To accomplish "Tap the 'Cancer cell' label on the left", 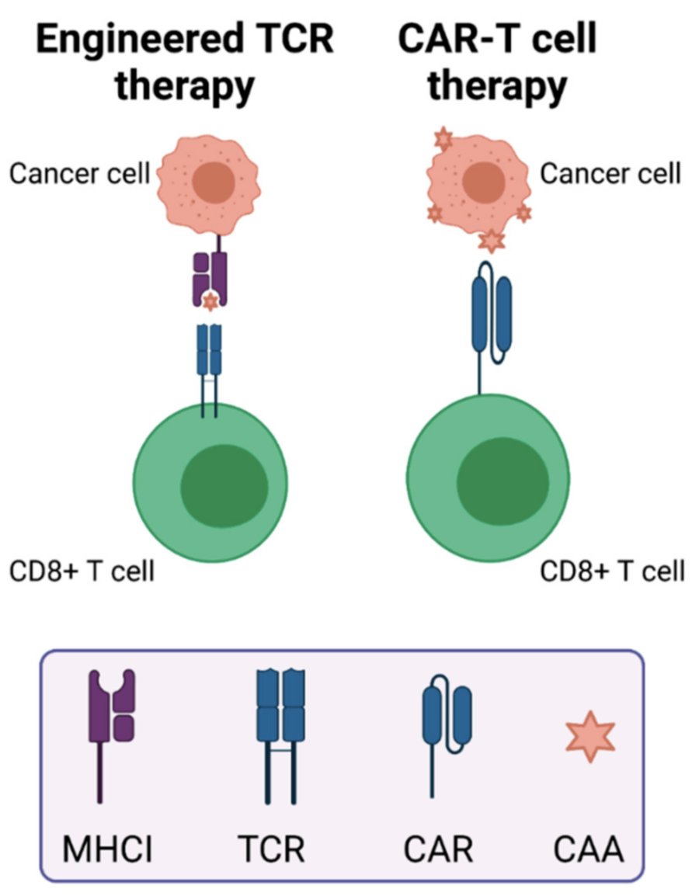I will coord(79,174).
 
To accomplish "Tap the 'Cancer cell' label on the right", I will coord(610,173).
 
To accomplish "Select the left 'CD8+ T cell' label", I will coord(82,571).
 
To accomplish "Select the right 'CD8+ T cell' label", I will coord(613,571).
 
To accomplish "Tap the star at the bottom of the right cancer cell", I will coord(491,241).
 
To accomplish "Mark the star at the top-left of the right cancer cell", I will coord(443,141).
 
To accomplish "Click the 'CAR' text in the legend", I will coord(438,849).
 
